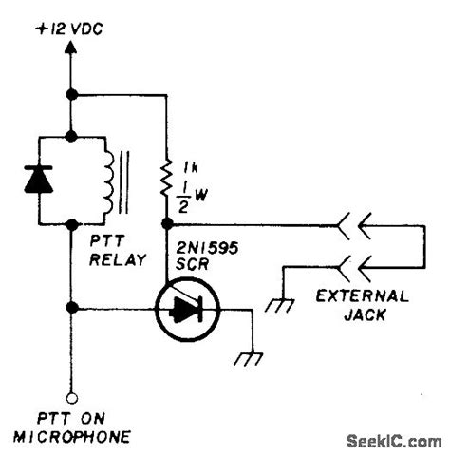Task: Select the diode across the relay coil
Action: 39,180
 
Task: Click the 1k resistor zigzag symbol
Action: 166,176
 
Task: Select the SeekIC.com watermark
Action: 394,442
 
